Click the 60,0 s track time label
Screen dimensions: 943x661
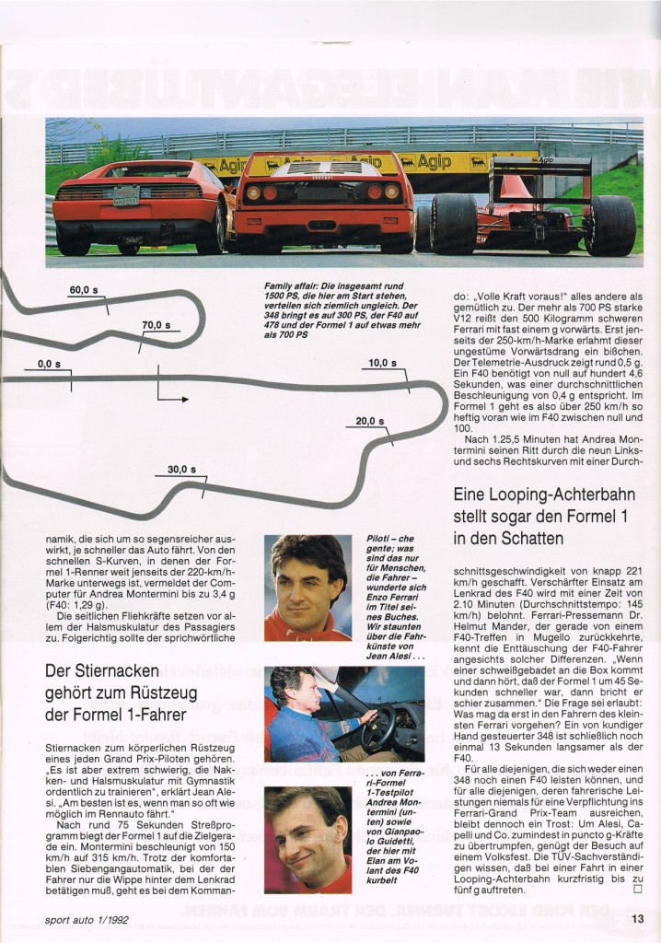85,290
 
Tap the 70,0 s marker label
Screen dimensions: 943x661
156,325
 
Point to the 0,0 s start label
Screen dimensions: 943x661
49,364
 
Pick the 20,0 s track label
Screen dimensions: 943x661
369,421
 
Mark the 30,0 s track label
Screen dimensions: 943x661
181,470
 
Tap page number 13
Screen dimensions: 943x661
637,916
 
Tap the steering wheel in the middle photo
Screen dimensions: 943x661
377,727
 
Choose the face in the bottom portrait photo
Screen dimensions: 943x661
309,838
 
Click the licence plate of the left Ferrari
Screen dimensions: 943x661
126,195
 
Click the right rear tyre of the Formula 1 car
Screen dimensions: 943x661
610,226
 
